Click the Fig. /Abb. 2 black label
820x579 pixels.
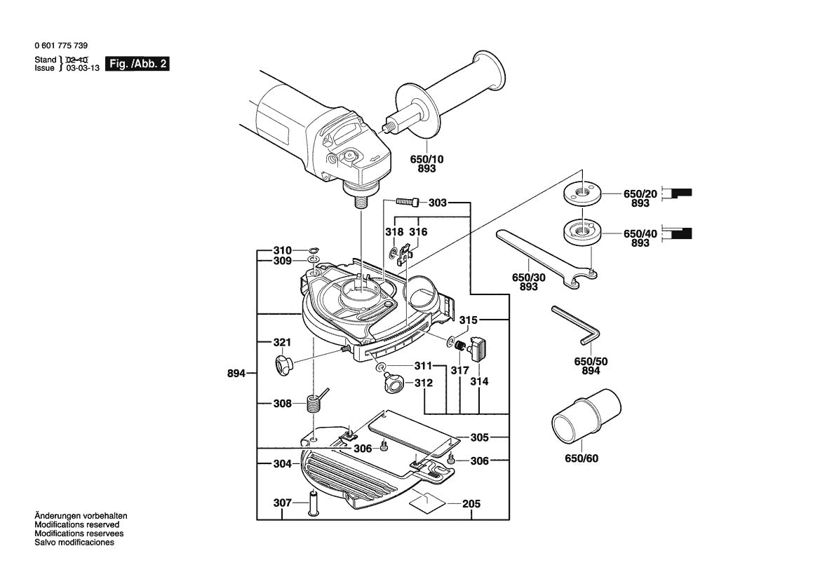(x=137, y=64)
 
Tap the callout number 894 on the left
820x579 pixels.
(x=236, y=374)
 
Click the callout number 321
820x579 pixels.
(x=282, y=343)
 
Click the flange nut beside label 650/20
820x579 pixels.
(x=581, y=192)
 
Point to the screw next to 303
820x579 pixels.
(x=408, y=203)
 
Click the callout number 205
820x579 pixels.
(x=471, y=504)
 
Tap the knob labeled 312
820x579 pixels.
(x=392, y=383)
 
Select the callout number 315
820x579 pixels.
(x=469, y=320)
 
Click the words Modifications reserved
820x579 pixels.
(x=77, y=524)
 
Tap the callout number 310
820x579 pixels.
(x=282, y=250)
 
